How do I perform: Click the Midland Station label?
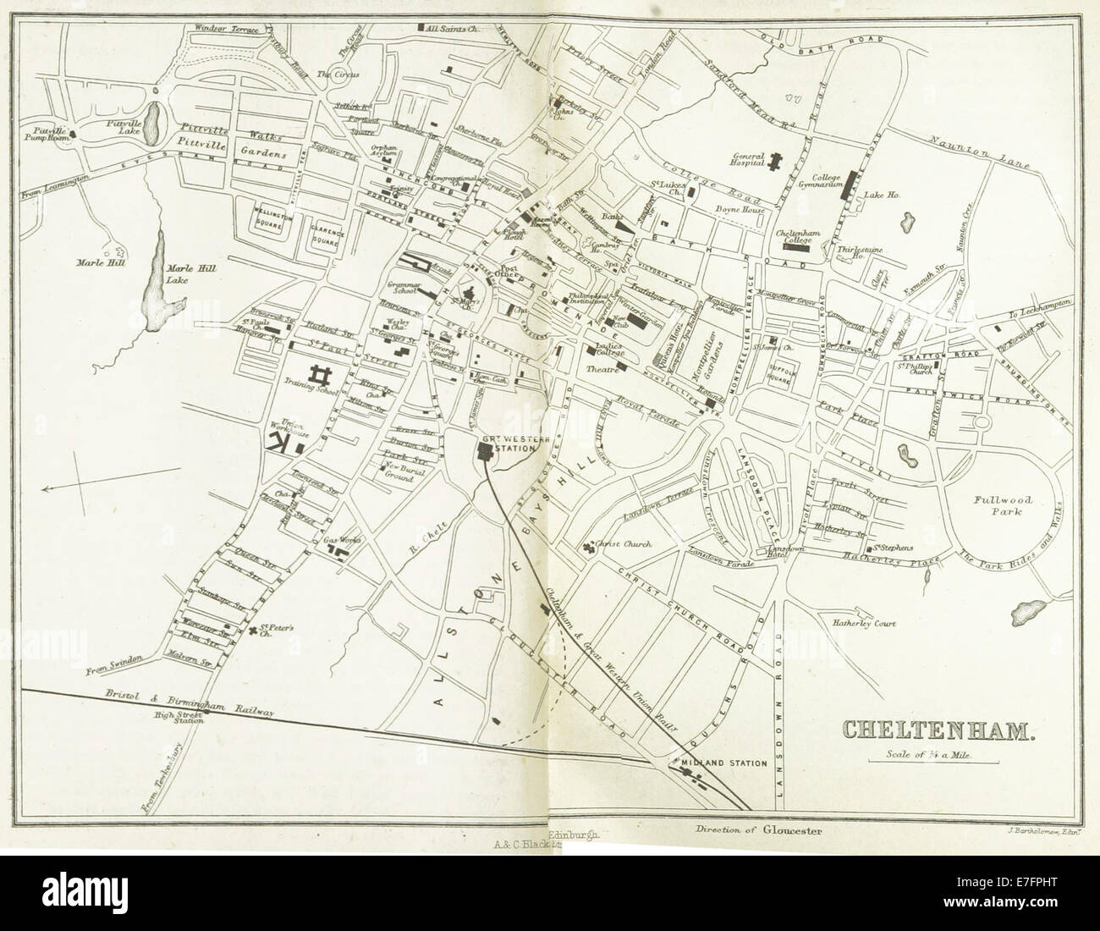point(724,763)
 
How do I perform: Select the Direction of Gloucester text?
point(756,854)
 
